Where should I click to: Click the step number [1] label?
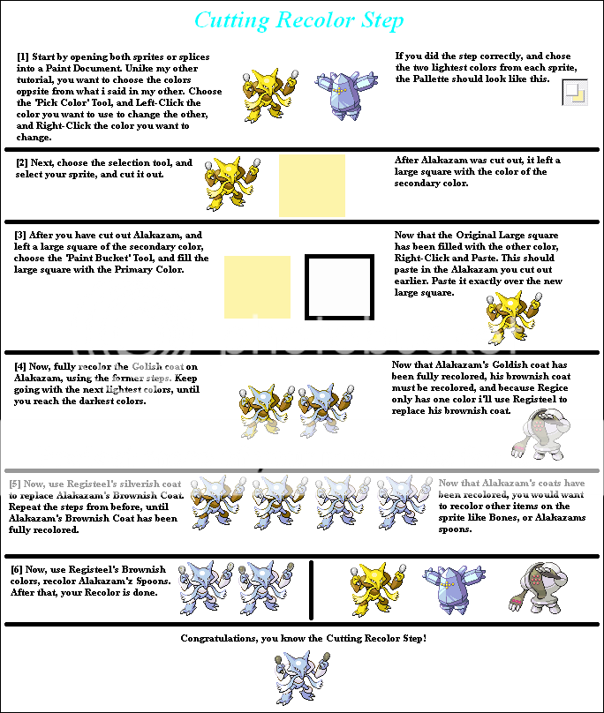point(23,56)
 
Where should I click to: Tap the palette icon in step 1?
point(575,92)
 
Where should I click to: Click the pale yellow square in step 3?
point(257,287)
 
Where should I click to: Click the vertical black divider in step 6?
point(311,589)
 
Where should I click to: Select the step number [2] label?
point(23,164)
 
